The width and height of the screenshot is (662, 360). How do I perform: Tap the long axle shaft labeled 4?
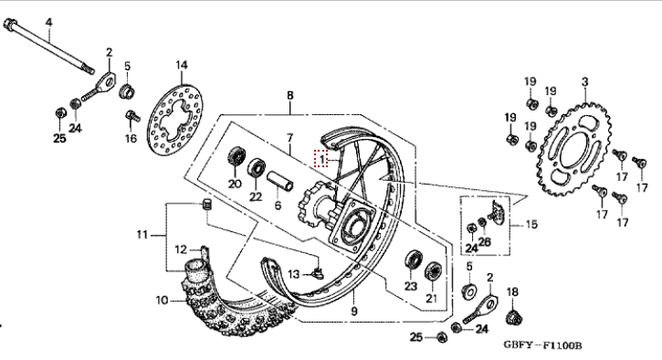click(49, 47)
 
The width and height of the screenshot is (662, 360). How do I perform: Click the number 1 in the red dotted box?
click(321, 159)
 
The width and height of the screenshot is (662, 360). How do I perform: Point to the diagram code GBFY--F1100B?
click(542, 345)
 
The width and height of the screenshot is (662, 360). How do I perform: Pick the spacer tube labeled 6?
click(279, 180)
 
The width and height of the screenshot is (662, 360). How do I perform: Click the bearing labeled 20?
click(236, 157)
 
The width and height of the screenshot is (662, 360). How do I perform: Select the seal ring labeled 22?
click(257, 169)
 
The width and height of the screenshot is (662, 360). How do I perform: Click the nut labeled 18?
click(513, 317)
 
